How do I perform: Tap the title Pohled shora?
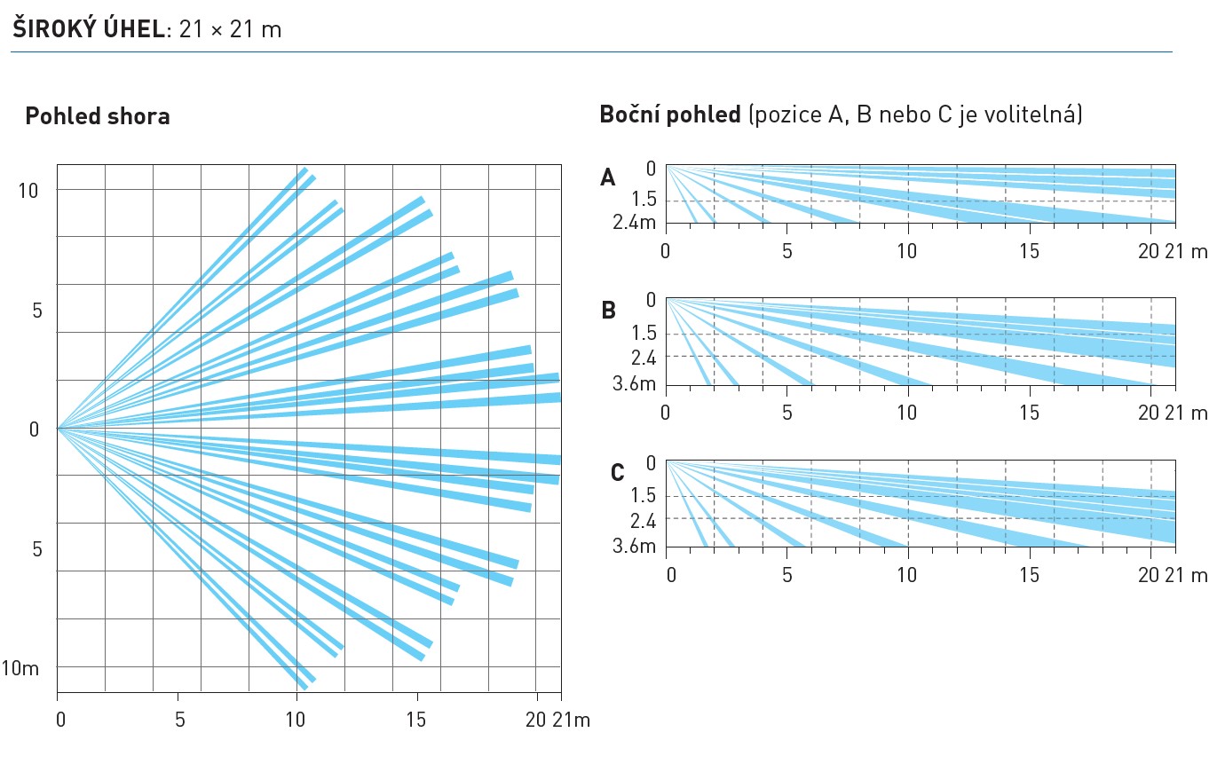coord(98,116)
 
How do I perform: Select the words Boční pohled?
coord(670,115)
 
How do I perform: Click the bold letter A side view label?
coord(608,178)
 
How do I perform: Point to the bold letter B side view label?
coord(608,311)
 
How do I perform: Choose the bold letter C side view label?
coord(618,473)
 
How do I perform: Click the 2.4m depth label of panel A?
coord(634,222)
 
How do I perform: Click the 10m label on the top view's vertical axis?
coord(20,667)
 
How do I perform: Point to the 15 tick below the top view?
coord(416,720)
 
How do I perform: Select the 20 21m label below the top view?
coord(557,720)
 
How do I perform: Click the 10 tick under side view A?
coord(907,251)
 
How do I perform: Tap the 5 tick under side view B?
coord(786,414)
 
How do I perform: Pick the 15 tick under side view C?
coord(1029,576)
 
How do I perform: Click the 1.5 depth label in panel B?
coord(641,334)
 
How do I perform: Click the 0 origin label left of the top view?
coord(35,429)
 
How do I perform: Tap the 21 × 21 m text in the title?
coord(231,29)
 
